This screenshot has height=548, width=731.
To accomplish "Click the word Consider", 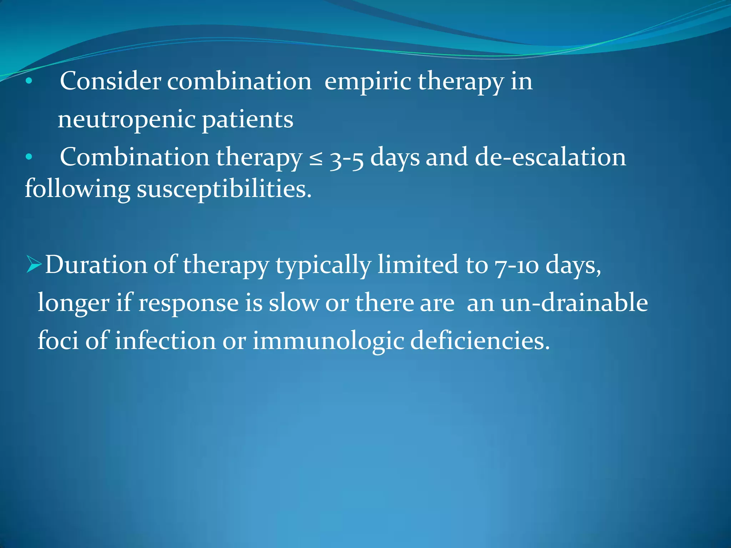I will coord(110,81).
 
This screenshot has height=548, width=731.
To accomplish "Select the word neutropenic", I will coord(127,120).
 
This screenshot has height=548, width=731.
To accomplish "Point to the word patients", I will coord(248,120).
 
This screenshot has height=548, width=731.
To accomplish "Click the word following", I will coord(77,189).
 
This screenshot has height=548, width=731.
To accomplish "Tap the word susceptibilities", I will coord(224,189).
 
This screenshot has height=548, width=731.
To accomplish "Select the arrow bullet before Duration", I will coord(34,265).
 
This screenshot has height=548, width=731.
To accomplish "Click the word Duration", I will coord(96,265).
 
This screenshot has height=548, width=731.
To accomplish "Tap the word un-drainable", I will coord(575,302).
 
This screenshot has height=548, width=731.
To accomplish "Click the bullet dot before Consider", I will coord(29,82).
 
